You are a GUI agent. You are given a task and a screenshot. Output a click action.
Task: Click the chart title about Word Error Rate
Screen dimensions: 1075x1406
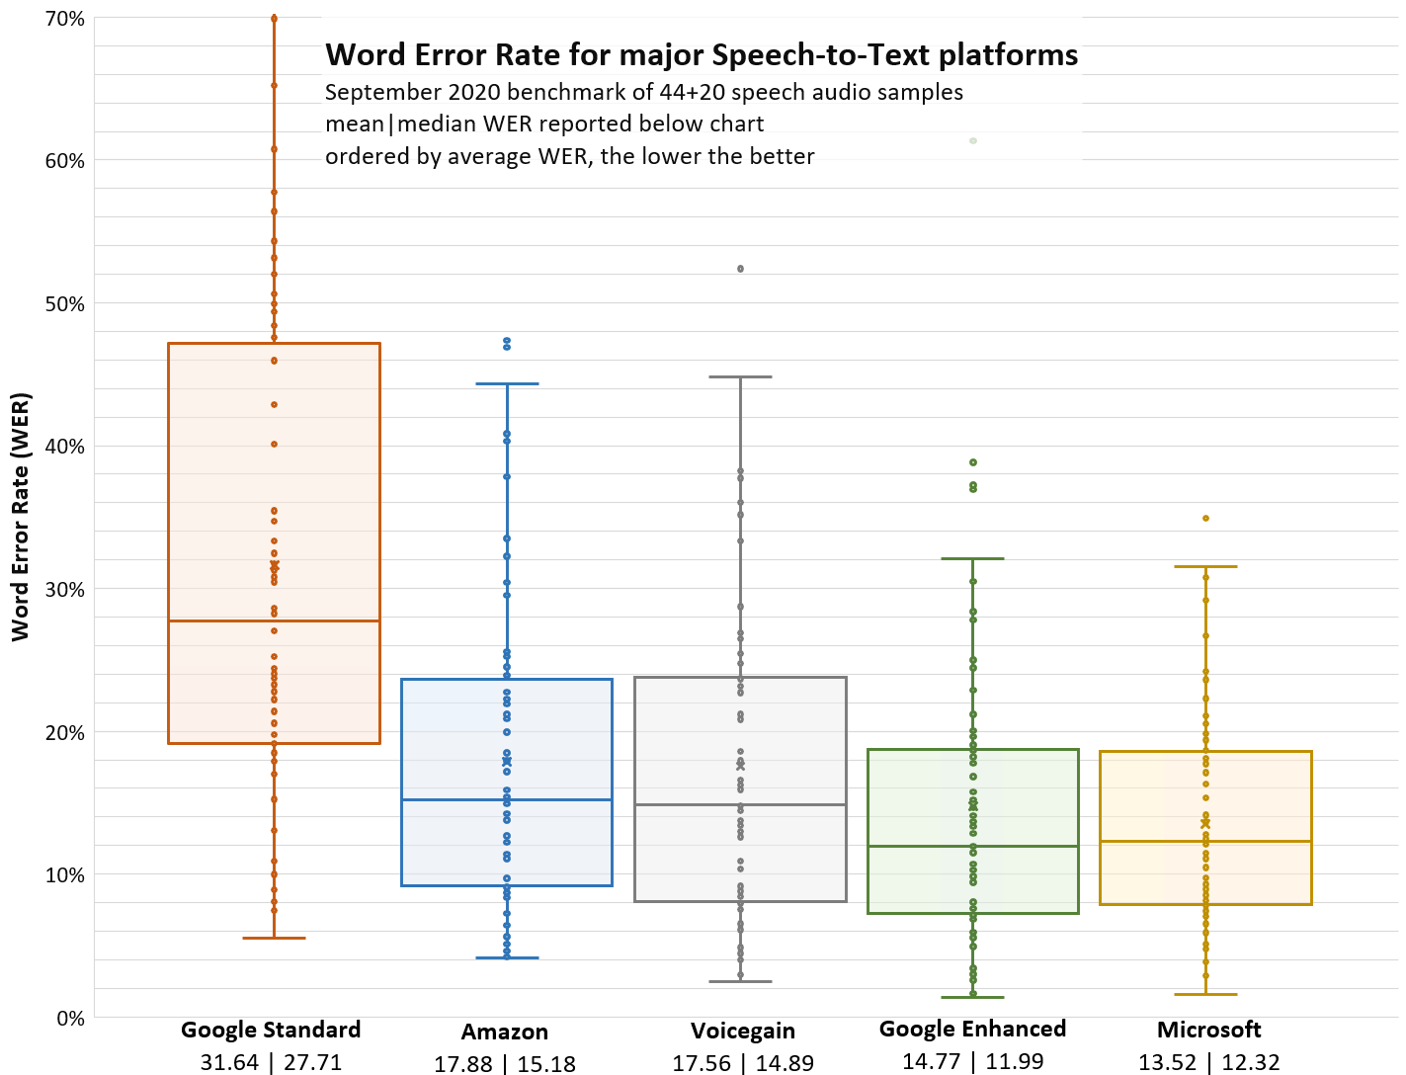click(x=702, y=54)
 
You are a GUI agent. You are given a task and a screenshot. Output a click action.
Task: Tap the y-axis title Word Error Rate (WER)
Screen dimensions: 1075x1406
click(x=21, y=517)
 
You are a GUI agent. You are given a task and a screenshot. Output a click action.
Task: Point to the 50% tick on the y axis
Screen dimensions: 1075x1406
click(x=64, y=304)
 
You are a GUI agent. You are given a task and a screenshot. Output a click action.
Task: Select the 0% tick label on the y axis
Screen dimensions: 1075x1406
click(x=70, y=1018)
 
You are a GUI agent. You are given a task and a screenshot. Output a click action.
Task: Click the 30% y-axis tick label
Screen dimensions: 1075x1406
click(x=64, y=590)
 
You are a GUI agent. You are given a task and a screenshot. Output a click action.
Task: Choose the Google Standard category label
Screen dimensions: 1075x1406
click(x=271, y=1030)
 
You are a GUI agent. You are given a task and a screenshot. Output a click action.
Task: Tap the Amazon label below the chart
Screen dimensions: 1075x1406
click(x=504, y=1032)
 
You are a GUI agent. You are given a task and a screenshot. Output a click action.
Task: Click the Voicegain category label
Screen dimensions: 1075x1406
click(x=742, y=1031)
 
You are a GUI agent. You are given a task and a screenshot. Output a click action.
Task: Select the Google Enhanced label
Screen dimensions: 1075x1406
click(x=972, y=1029)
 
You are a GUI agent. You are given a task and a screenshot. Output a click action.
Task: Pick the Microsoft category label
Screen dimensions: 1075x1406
click(x=1208, y=1030)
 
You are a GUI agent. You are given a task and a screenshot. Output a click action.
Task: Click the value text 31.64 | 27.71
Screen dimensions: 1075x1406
click(x=271, y=1062)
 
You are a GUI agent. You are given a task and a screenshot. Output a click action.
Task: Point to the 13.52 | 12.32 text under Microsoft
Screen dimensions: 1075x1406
click(x=1208, y=1063)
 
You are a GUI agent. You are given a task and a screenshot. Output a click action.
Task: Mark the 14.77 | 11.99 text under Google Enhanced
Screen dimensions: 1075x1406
click(x=972, y=1062)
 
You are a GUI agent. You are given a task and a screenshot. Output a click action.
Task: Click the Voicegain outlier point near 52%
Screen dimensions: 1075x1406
click(x=740, y=269)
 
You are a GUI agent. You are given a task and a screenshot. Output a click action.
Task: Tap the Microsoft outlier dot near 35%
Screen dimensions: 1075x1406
click(x=1205, y=518)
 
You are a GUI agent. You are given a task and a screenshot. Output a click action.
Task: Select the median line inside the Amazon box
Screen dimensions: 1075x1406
click(x=507, y=799)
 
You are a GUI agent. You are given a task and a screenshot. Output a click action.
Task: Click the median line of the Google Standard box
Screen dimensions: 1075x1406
click(x=274, y=620)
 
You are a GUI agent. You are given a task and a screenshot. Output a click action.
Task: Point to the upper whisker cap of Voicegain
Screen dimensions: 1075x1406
click(x=740, y=376)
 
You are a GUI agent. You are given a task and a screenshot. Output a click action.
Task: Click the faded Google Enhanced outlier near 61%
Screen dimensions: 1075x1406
click(x=973, y=140)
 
